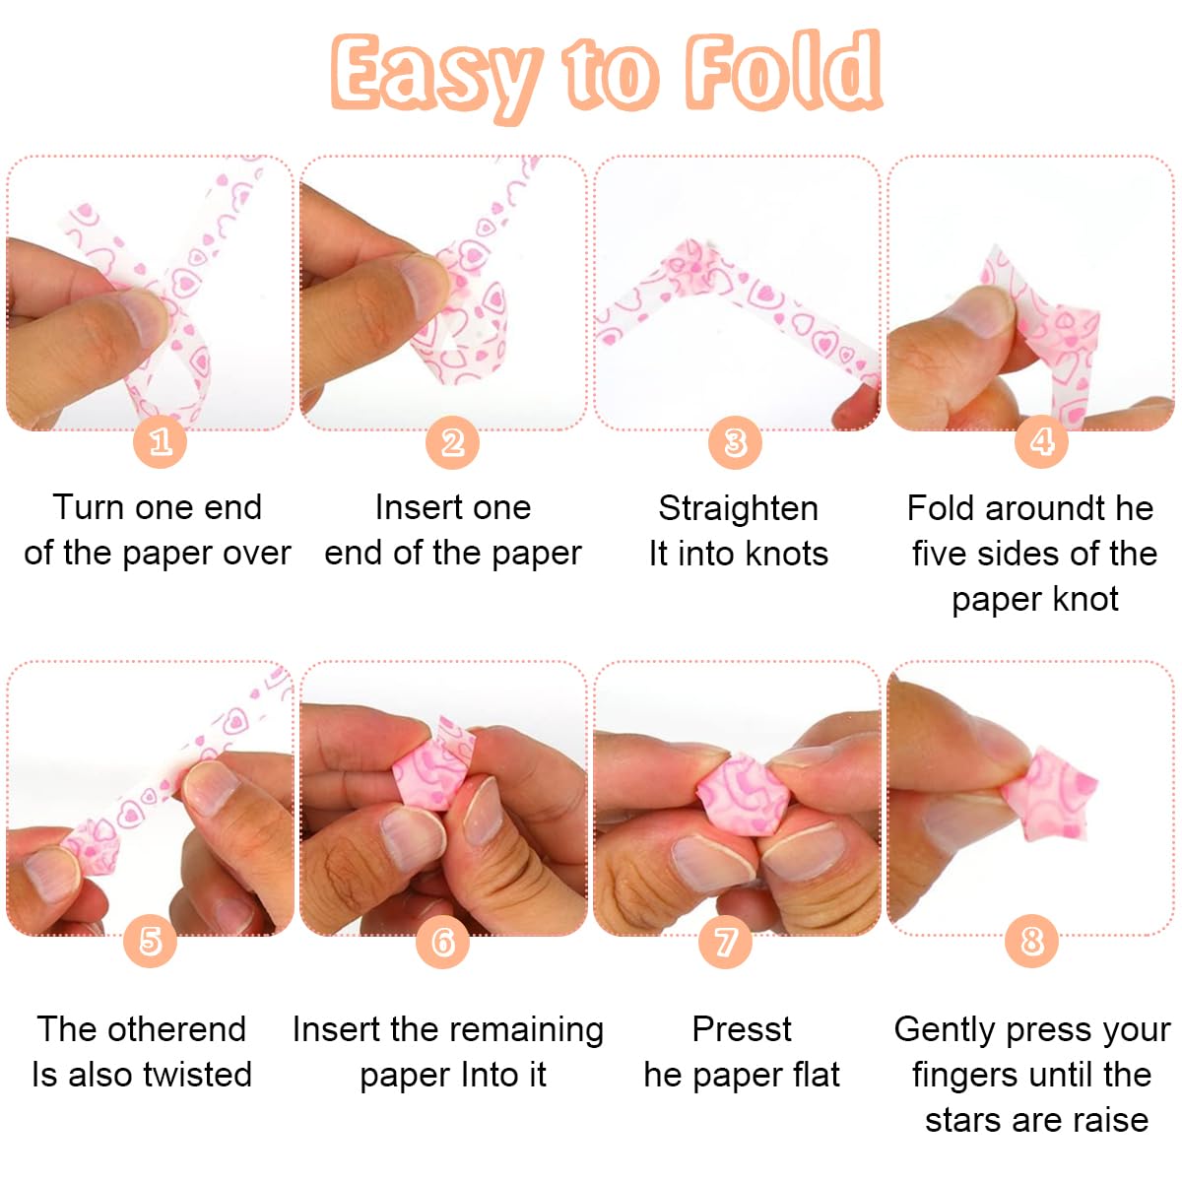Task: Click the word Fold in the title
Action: click(783, 71)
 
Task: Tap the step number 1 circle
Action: click(161, 441)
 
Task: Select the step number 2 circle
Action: click(452, 441)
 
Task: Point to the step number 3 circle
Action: click(735, 442)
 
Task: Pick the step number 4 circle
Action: click(1041, 441)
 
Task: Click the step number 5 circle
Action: click(150, 941)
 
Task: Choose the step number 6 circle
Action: click(442, 942)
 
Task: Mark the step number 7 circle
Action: click(725, 942)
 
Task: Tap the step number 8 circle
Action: click(1031, 942)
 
